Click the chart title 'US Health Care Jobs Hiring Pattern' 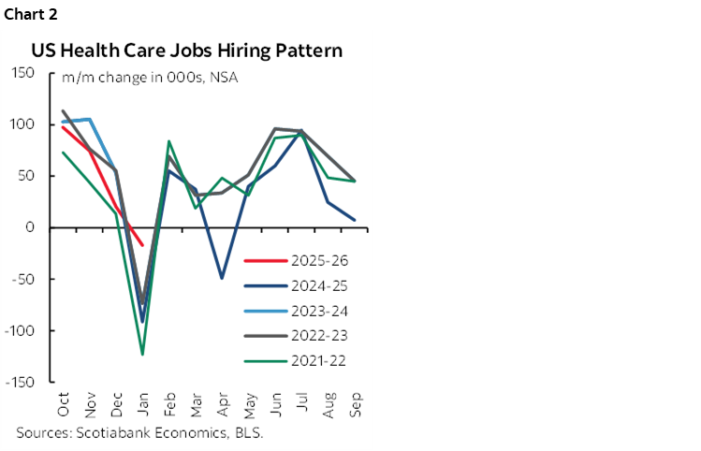(x=186, y=51)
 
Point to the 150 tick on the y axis (x=22, y=73)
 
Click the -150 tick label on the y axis (x=21, y=383)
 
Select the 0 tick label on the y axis (x=31, y=227)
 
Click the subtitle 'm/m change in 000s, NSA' (x=150, y=77)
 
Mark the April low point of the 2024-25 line (x=222, y=278)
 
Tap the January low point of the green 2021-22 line (x=143, y=355)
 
